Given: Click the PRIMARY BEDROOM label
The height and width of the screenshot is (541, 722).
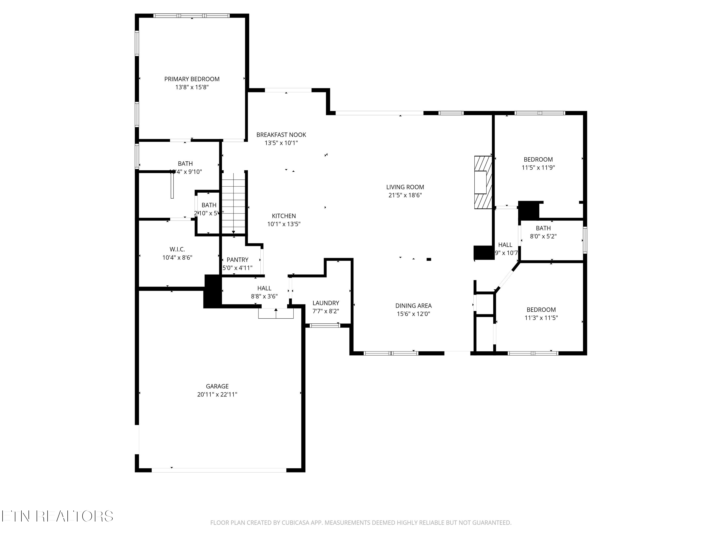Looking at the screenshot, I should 192,79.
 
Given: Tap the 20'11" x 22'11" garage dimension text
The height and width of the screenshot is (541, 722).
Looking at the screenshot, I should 217,394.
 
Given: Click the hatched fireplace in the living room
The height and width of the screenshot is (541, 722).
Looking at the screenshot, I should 483,182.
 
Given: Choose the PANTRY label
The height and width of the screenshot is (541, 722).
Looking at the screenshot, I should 237,260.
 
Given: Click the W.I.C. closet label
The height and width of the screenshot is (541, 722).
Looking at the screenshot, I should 177,249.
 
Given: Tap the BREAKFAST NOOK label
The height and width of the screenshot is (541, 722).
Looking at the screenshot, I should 281,135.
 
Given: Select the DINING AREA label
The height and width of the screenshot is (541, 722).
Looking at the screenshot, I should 413,306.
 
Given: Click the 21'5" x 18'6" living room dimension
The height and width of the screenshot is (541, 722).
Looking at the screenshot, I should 405,195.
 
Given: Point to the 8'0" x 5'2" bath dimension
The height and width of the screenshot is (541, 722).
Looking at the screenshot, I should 543,236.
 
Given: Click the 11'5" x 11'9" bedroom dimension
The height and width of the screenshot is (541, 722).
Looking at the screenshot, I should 538,168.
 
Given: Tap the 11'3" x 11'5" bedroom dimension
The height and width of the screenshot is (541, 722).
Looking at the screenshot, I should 541,318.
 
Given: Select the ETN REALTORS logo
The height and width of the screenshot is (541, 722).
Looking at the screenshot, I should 57,516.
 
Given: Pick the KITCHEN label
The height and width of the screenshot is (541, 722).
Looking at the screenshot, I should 284,216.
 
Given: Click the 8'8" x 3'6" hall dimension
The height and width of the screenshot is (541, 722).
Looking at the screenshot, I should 264,296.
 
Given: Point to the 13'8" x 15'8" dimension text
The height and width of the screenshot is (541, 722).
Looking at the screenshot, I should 192,87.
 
